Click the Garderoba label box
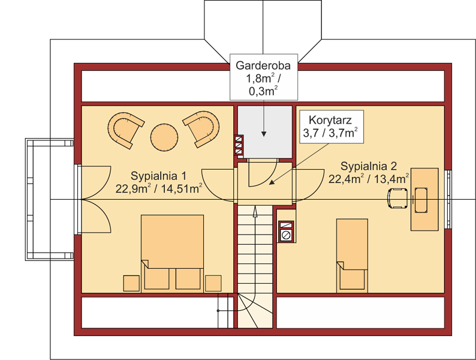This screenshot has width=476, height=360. [x=264, y=77]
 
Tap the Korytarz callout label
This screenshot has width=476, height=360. [x=332, y=127]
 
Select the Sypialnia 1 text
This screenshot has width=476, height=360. [x=158, y=176]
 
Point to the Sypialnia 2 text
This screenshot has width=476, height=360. [x=369, y=166]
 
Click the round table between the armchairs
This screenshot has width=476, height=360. [x=164, y=137]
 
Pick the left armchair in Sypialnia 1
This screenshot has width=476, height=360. [x=125, y=129]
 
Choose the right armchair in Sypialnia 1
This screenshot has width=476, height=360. [x=202, y=128]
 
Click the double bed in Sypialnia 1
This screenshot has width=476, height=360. [x=172, y=253]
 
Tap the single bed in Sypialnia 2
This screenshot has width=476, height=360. [x=352, y=255]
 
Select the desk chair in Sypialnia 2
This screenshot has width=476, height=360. [x=397, y=199]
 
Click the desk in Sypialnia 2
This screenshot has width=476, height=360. [x=424, y=199]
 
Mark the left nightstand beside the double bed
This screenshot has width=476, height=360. [x=131, y=283]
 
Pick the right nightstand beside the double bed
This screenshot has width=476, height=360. [x=213, y=283]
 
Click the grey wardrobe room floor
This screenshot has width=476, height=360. [x=265, y=132]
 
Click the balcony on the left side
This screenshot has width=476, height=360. [x=50, y=199]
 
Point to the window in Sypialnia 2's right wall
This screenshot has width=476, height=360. [x=448, y=199]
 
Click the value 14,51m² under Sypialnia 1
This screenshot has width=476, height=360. [x=182, y=188]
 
